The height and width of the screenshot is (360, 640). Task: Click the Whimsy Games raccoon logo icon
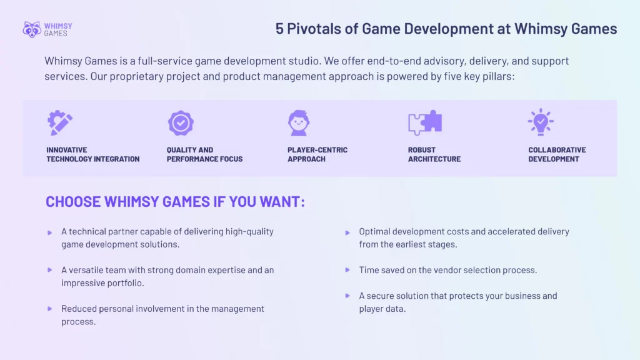click(32, 29)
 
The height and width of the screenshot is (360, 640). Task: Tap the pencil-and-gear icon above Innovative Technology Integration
click(60, 123)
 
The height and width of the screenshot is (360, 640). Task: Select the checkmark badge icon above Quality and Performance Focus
click(181, 123)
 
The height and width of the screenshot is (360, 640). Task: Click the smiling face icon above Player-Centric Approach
click(299, 123)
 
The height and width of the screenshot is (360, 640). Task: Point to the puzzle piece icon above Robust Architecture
click(425, 123)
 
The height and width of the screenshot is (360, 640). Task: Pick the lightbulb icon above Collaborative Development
click(540, 122)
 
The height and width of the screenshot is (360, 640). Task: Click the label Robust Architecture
click(434, 154)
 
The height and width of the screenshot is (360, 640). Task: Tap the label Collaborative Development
click(557, 154)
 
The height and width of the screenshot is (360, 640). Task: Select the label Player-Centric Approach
click(317, 154)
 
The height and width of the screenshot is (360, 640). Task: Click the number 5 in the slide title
click(280, 29)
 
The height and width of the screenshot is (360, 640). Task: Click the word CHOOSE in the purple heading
click(73, 202)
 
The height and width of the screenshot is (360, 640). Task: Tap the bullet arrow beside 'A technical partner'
click(50, 232)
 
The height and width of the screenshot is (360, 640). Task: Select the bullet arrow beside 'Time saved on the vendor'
click(347, 270)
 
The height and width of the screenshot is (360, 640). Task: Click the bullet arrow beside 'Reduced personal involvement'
click(50, 309)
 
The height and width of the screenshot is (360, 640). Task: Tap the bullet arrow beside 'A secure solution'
click(347, 296)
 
